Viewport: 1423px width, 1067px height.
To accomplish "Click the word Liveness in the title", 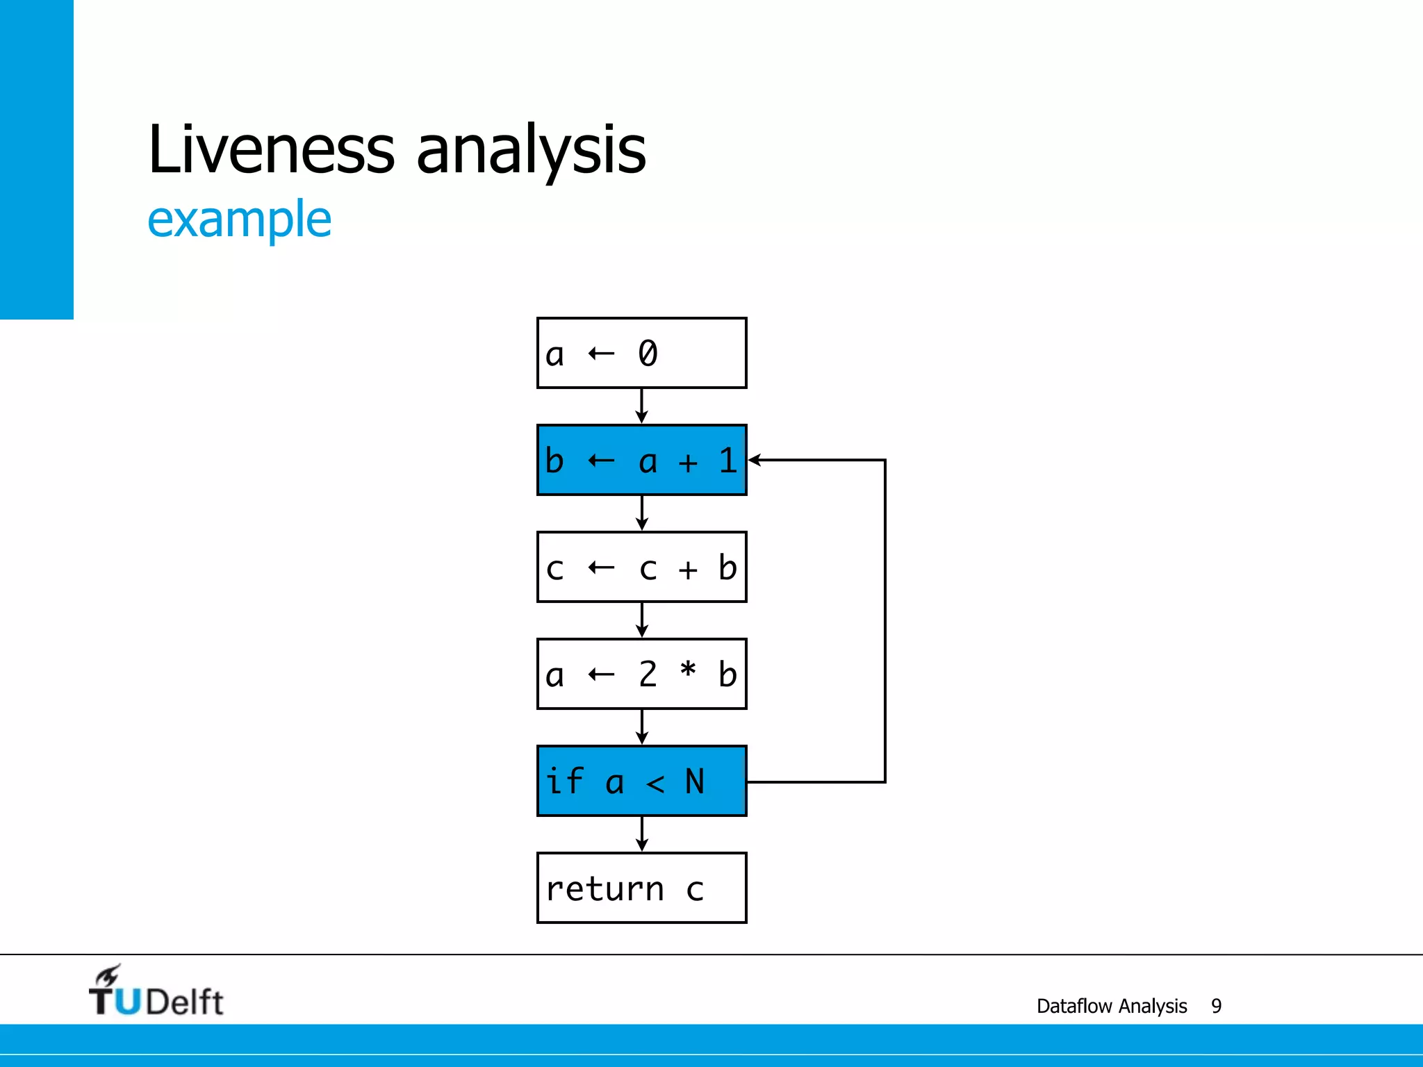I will (271, 149).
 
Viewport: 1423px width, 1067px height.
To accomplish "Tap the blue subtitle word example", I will (239, 220).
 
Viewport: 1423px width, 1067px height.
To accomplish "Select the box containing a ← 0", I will (641, 353).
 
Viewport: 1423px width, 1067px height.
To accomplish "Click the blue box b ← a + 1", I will (641, 460).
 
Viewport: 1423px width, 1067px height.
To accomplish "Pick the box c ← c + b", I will (641, 567).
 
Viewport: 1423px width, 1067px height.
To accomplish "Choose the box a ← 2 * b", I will (641, 674).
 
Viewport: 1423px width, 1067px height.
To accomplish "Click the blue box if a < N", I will (641, 781).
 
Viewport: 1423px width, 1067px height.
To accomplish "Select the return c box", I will (641, 888).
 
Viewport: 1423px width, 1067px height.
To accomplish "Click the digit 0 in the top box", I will (648, 353).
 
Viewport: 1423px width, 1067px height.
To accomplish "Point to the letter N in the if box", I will (695, 781).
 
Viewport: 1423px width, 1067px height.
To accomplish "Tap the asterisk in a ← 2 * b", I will (688, 670).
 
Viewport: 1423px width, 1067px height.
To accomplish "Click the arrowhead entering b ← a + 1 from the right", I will (755, 460).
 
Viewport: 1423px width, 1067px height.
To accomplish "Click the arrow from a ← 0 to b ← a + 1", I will (641, 406).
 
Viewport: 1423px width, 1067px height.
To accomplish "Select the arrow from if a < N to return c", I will (641, 834).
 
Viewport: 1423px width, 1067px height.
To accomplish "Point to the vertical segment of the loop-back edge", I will (885, 621).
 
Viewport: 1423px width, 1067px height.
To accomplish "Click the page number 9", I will (1216, 1006).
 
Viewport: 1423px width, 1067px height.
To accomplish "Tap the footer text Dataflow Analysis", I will (1111, 1006).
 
